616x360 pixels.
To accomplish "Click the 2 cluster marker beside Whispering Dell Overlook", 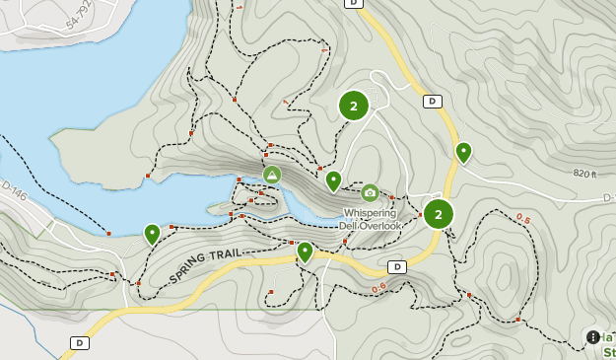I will pos(438,213).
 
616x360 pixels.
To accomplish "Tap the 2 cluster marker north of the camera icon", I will pos(354,106).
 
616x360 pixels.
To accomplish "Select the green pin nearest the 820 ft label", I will pos(463,152).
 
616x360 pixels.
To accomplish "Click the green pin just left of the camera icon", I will pos(333,180).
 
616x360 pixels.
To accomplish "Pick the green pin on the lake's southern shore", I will pos(152,234).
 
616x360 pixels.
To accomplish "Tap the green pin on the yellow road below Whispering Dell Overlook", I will pos(305,252).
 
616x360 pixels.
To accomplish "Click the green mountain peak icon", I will pos(272,175).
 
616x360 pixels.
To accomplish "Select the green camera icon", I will pos(370,193).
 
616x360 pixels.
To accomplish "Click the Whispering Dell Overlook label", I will pos(371,219).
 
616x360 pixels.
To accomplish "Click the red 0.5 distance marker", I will pos(521,219).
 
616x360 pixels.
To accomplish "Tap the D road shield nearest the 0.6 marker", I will pos(397,266).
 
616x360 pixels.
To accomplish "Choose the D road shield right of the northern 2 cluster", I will pos(432,101).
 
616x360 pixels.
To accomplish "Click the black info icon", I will pos(592,337).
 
